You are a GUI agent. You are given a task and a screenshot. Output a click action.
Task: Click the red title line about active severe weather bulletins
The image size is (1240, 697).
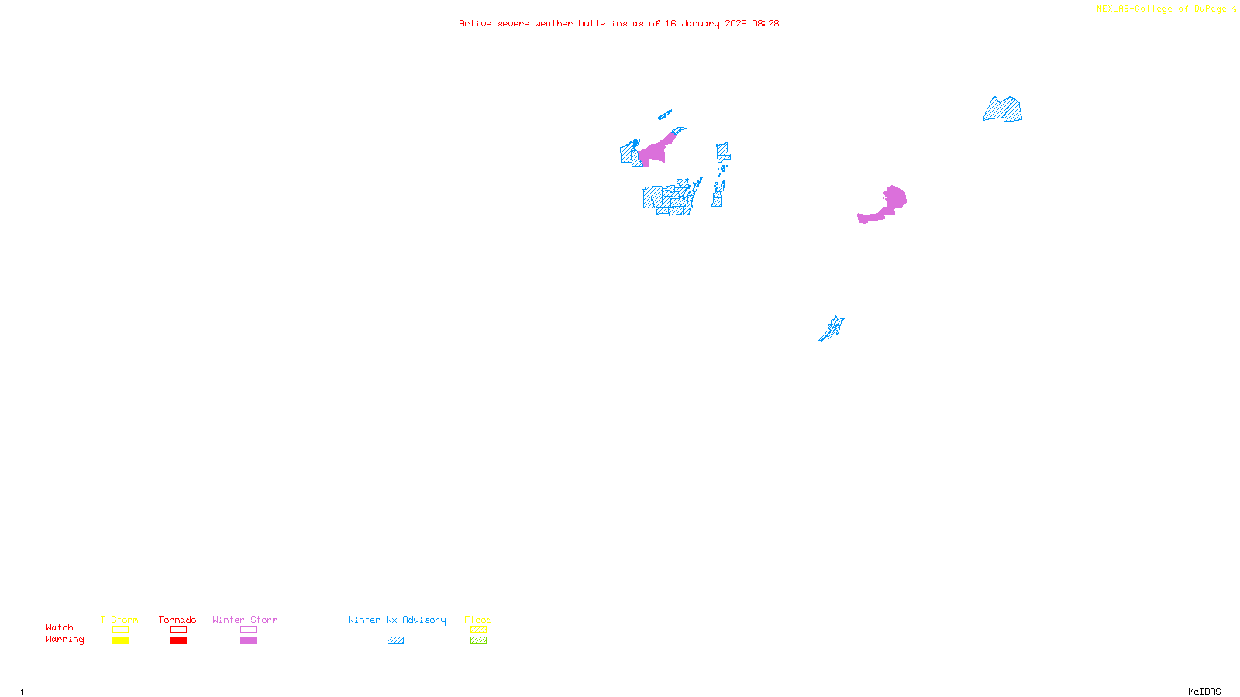[x=618, y=23]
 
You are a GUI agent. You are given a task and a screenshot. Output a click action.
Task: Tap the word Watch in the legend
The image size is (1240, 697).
[x=60, y=627]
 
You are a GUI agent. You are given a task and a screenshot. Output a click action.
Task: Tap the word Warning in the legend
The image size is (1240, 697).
[x=64, y=640]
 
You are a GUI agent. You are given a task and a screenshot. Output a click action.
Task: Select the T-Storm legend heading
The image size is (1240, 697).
[x=119, y=620]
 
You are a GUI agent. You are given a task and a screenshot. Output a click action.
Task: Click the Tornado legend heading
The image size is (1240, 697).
[x=177, y=620]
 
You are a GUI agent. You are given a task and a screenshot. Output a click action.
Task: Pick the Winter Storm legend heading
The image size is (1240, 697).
[x=245, y=620]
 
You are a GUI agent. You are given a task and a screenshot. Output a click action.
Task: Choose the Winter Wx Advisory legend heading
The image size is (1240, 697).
[x=397, y=620]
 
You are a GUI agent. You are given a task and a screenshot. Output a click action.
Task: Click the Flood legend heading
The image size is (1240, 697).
[x=478, y=620]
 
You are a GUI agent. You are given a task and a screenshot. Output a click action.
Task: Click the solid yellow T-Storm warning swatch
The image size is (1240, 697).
[x=120, y=640]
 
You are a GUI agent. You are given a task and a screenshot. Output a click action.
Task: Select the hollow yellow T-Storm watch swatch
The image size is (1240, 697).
[x=120, y=630]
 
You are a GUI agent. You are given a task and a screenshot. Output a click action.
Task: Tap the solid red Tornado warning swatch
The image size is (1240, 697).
[x=178, y=640]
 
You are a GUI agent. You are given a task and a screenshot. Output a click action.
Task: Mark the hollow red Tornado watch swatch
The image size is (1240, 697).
[x=178, y=630]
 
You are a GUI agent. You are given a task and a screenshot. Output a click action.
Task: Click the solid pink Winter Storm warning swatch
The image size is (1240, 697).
[x=248, y=640]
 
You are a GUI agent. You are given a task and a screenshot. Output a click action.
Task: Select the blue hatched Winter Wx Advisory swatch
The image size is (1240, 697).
[x=395, y=640]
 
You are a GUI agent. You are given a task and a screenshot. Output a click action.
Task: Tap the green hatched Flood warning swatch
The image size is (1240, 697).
[x=478, y=640]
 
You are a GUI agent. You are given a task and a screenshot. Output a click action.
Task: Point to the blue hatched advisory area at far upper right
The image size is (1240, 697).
[x=1004, y=110]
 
